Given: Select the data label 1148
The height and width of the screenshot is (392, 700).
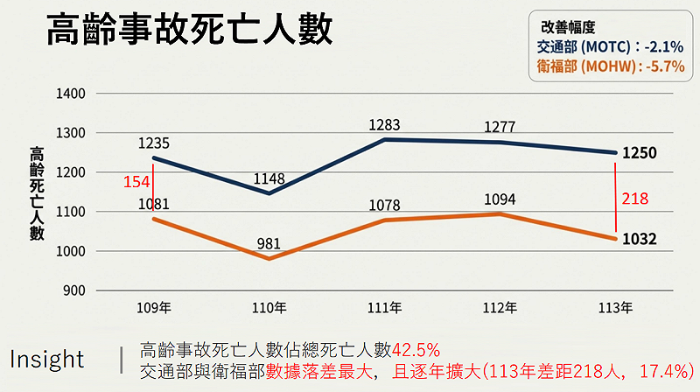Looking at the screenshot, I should point(269,179).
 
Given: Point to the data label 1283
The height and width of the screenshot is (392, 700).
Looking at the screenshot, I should point(385,125).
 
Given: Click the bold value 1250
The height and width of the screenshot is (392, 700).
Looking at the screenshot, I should point(640,153).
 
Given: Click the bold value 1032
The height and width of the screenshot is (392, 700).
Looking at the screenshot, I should point(640,239).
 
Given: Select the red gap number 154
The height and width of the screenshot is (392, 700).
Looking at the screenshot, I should point(137,181).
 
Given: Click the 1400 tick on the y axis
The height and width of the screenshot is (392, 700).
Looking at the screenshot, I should point(69,93).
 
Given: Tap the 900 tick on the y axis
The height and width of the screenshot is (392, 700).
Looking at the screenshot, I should point(73,290).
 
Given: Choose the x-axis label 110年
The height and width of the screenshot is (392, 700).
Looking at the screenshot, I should point(269,308).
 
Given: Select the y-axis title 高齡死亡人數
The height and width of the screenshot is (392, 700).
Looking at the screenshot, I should point(36,192).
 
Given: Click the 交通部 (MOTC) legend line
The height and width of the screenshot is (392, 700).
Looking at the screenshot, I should point(608,46).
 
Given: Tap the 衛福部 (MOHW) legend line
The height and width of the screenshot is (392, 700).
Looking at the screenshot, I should point(608,66).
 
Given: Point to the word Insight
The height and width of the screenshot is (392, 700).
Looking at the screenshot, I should point(47,360).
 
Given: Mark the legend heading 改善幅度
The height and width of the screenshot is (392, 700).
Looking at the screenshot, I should point(570,27).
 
